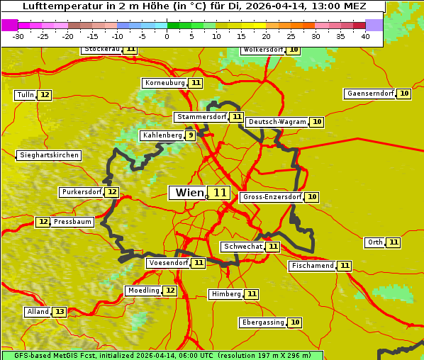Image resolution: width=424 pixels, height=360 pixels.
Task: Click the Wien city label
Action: click(187, 193)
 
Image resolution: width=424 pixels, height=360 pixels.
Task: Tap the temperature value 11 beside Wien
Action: click(220, 193)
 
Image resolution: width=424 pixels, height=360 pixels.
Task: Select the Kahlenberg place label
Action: click(162, 135)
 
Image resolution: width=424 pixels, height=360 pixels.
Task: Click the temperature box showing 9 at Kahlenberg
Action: click(191, 135)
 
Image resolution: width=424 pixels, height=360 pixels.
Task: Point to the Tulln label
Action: click(25, 95)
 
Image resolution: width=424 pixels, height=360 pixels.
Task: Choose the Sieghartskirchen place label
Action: click(48, 155)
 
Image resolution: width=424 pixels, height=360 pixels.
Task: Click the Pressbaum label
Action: click(72, 222)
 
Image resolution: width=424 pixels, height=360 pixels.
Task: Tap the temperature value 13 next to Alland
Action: click(60, 312)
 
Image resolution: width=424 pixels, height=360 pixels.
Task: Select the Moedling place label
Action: click(143, 291)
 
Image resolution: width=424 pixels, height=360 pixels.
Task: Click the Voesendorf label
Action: click(168, 263)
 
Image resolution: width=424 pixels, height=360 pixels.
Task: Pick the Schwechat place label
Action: click(242, 247)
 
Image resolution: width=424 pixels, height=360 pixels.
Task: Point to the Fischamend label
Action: click(312, 266)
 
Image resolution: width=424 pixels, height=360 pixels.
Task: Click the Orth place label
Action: click(375, 242)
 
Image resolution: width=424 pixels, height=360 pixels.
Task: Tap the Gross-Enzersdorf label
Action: click(272, 197)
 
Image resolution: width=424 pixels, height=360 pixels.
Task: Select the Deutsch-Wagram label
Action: click(277, 122)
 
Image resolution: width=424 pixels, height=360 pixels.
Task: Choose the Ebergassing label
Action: click(262, 322)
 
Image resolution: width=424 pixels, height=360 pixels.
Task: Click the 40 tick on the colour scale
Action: click(365, 37)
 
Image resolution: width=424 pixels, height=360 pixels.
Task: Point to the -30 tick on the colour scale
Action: click(18, 37)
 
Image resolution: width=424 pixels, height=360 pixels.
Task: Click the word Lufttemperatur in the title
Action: click(56, 6)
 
